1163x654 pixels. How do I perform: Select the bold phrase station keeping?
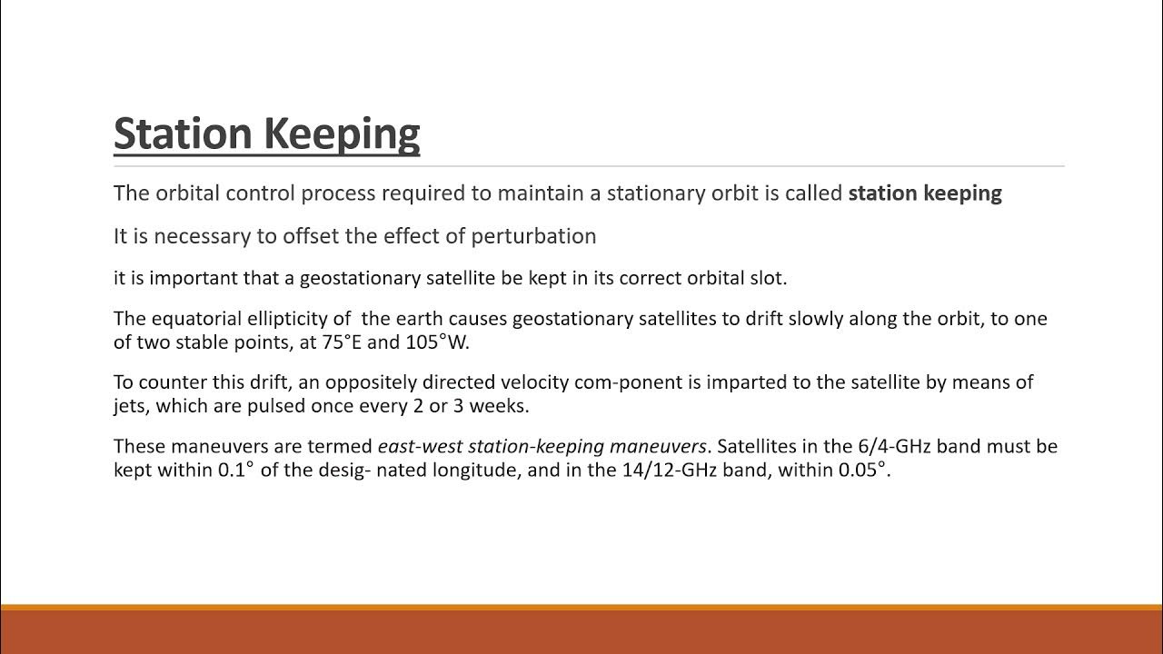pos(924,193)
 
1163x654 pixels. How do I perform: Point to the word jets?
pos(131,406)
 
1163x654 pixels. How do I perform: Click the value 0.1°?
pos(236,471)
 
